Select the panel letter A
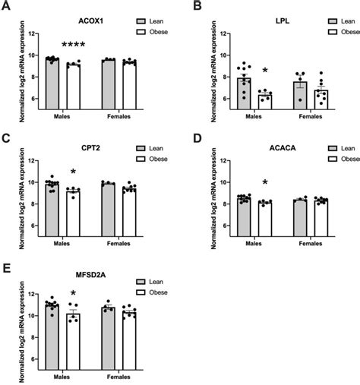(6, 7)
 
